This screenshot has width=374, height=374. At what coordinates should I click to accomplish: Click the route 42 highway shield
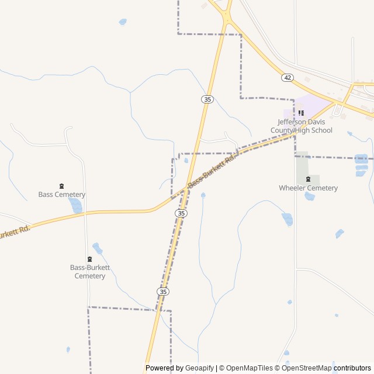point(287,77)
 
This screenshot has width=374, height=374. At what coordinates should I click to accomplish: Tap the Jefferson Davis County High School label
point(304,126)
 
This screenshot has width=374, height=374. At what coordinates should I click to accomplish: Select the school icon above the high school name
point(301,113)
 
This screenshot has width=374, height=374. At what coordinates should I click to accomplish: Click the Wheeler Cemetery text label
point(308,188)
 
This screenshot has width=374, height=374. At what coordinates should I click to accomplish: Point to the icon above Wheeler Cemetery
point(308,179)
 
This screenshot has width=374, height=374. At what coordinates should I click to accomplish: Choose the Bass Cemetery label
point(62,195)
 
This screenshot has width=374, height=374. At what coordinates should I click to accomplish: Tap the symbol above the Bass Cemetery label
point(62,186)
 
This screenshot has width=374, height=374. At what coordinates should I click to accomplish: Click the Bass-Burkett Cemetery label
point(90,272)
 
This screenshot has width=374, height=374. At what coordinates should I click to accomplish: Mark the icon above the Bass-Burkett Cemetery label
point(89,259)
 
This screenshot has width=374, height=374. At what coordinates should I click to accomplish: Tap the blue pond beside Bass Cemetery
point(75,205)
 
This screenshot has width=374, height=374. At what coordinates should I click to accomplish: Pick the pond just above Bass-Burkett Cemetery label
point(97,248)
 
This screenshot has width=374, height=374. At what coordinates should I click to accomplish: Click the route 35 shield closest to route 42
point(207,99)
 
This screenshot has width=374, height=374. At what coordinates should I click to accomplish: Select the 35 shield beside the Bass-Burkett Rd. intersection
point(182,214)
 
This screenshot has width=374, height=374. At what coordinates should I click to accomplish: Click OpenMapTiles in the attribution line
point(250,368)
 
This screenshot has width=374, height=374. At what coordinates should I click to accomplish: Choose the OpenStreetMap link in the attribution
point(307,368)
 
